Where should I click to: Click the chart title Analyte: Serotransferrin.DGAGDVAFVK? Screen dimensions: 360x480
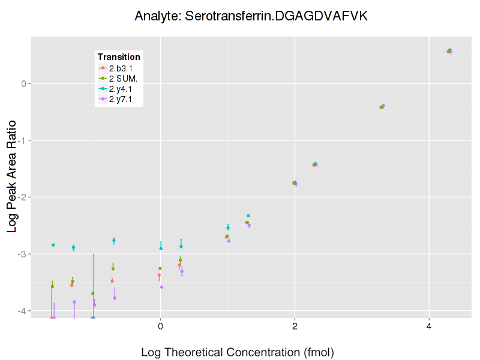click(251, 16)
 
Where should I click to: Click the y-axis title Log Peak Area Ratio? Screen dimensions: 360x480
click(12, 173)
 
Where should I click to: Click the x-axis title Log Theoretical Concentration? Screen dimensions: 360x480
click(237, 352)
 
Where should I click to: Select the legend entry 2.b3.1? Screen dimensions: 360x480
click(120, 68)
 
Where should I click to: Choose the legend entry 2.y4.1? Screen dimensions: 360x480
click(120, 89)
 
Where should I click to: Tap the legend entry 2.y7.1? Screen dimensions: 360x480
click(120, 99)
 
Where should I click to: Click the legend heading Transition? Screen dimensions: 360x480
click(119, 57)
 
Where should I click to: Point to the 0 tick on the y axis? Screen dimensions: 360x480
click(23, 83)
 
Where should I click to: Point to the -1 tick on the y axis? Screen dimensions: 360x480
click(22, 140)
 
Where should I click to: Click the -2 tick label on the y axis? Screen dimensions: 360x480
click(22, 197)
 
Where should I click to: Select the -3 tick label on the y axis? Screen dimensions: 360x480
click(22, 254)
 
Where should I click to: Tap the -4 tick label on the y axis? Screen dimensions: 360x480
click(22, 311)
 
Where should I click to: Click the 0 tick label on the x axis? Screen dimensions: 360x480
click(160, 326)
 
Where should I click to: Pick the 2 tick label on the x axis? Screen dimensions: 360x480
click(295, 326)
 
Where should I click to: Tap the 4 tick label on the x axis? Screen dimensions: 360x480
click(429, 326)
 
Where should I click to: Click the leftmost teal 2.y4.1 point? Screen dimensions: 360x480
click(53, 245)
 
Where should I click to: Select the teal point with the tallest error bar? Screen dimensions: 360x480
click(94, 317)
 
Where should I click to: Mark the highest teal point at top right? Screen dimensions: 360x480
click(450, 50)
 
